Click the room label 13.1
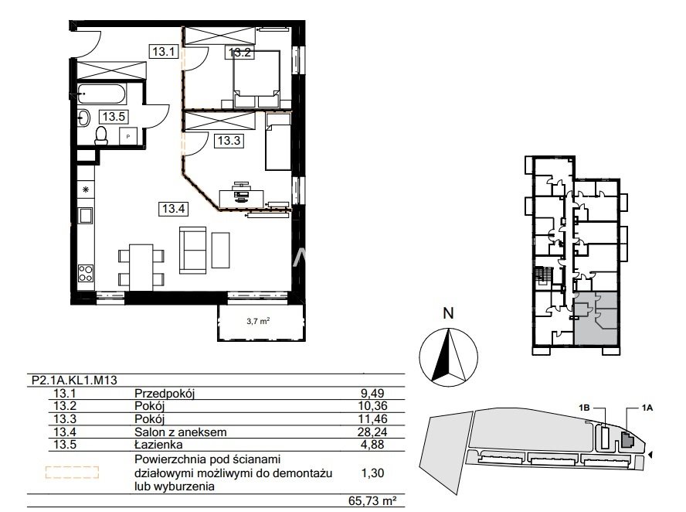[164, 52]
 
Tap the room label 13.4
[174, 209]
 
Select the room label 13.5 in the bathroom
[114, 117]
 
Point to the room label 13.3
[229, 141]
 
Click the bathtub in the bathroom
[102, 94]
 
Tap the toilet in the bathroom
[101, 136]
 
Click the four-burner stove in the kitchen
[85, 273]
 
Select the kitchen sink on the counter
[85, 216]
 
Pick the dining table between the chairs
[141, 267]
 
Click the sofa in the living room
[192, 251]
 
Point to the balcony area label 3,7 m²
[258, 321]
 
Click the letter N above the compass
[448, 313]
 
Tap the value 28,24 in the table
[373, 432]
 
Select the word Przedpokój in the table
[165, 394]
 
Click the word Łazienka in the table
[159, 445]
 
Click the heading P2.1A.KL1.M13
[74, 380]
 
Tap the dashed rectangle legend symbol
[72, 472]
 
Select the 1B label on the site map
[584, 408]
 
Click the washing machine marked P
[128, 136]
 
